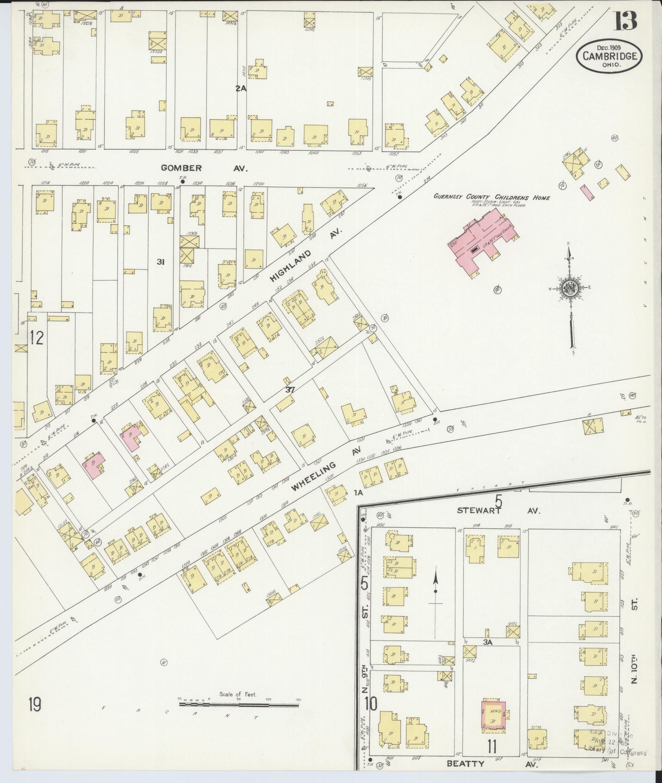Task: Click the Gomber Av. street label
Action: (x=204, y=168)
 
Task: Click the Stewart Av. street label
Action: (x=498, y=511)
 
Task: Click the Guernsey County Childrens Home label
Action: (x=491, y=198)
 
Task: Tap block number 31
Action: (x=161, y=262)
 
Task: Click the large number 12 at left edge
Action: (x=36, y=338)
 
